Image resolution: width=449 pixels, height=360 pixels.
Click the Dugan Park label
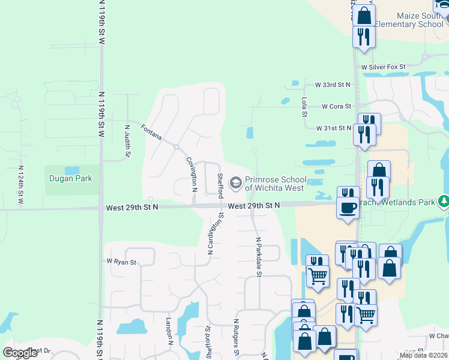(70, 178)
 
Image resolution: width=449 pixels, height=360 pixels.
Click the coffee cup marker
(348, 208)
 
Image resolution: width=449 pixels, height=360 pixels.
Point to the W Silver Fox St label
(383, 67)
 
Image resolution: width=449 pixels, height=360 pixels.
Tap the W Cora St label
(336, 106)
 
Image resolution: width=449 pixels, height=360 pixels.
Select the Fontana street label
(151, 132)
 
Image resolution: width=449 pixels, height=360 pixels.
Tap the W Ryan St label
(122, 262)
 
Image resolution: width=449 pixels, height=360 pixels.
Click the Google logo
(20, 353)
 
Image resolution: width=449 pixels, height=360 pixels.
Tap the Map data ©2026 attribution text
(423, 355)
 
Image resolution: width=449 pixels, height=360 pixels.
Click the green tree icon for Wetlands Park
(444, 200)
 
